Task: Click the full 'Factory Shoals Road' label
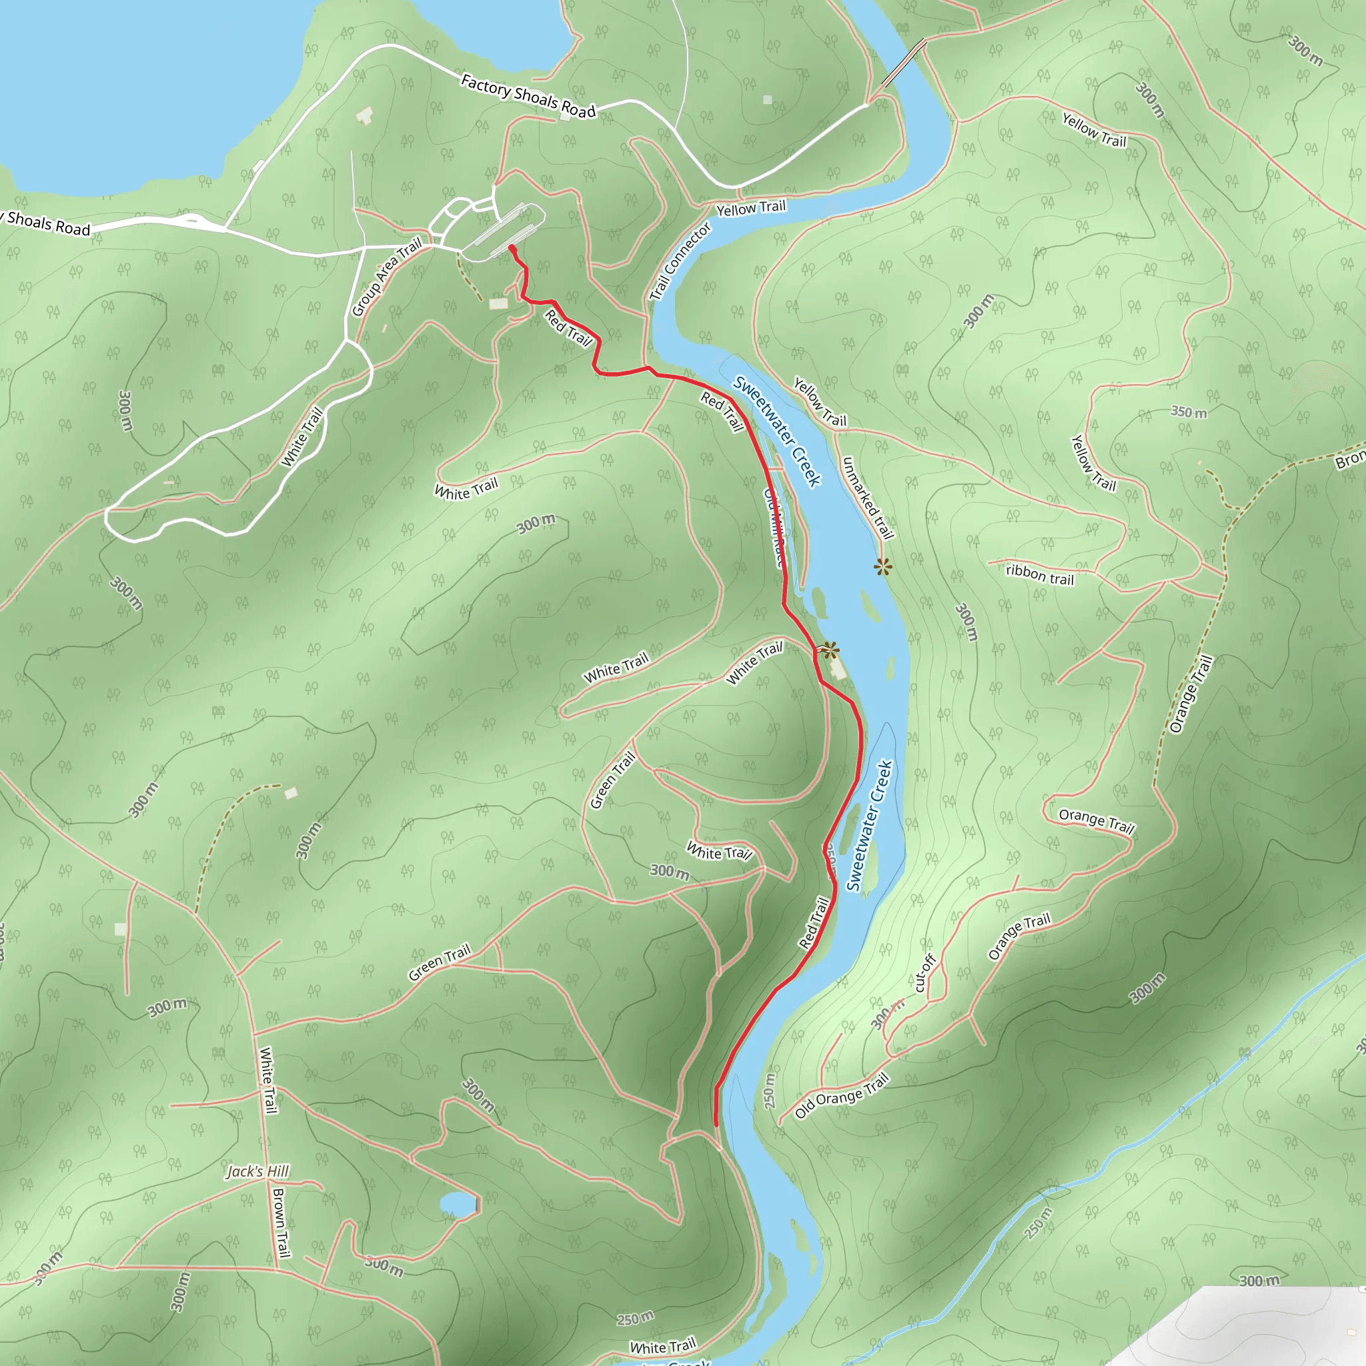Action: [x=528, y=96]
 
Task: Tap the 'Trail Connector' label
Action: [x=680, y=262]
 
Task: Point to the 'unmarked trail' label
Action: [x=868, y=497]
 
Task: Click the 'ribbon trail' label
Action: [x=1039, y=574]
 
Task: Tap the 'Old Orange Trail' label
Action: [x=841, y=1095]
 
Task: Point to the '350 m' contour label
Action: [x=1189, y=412]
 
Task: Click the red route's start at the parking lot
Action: [x=510, y=247]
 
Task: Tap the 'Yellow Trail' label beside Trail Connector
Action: [x=751, y=209]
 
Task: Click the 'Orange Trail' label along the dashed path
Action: [x=1191, y=694]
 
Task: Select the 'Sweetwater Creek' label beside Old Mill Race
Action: [x=776, y=431]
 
